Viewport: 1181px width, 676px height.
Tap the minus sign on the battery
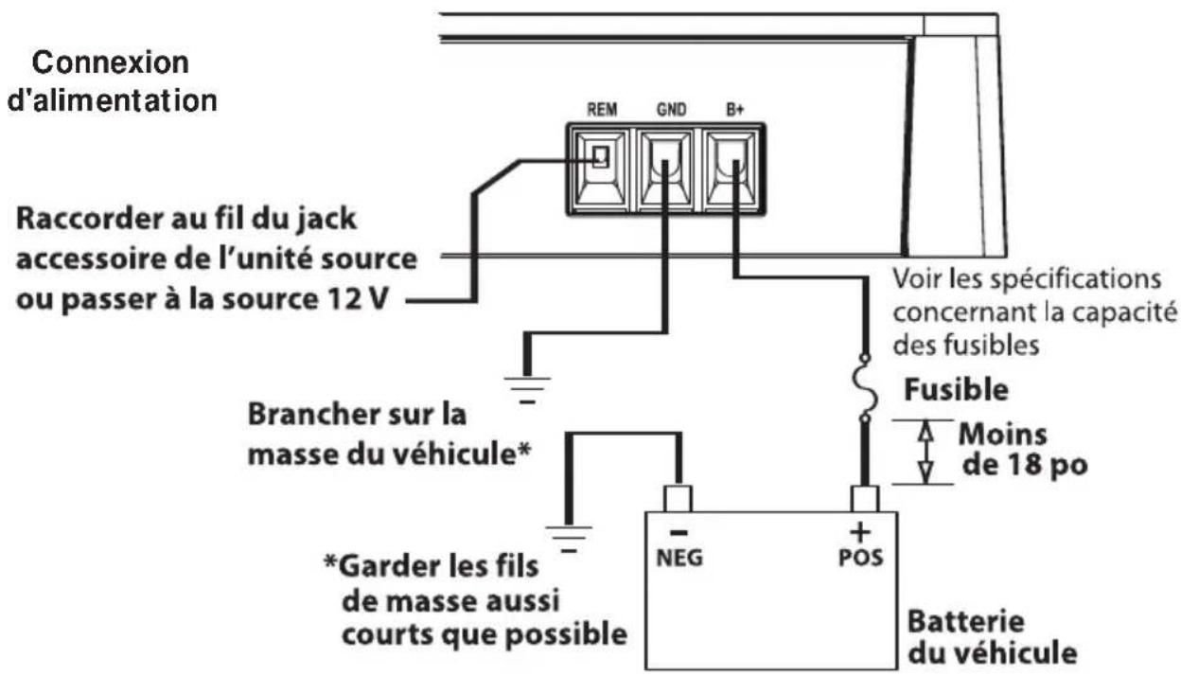(678, 532)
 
